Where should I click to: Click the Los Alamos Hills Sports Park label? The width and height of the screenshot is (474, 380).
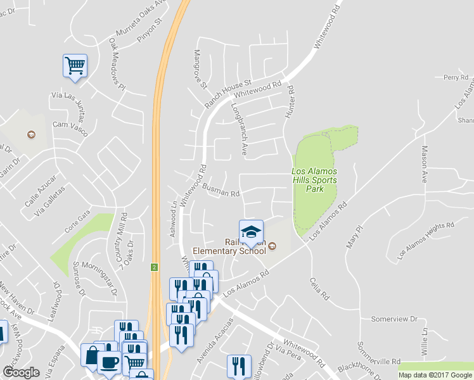[314, 180]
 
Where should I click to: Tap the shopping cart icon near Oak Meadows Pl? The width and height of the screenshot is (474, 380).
[75, 65]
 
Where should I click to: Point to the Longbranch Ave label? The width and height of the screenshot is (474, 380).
[239, 129]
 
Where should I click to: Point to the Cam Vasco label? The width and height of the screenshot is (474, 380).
[70, 125]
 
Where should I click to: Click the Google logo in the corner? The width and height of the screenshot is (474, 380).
[21, 372]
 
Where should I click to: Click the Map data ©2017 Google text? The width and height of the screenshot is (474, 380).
[435, 375]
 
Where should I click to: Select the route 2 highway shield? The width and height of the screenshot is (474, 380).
[153, 267]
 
